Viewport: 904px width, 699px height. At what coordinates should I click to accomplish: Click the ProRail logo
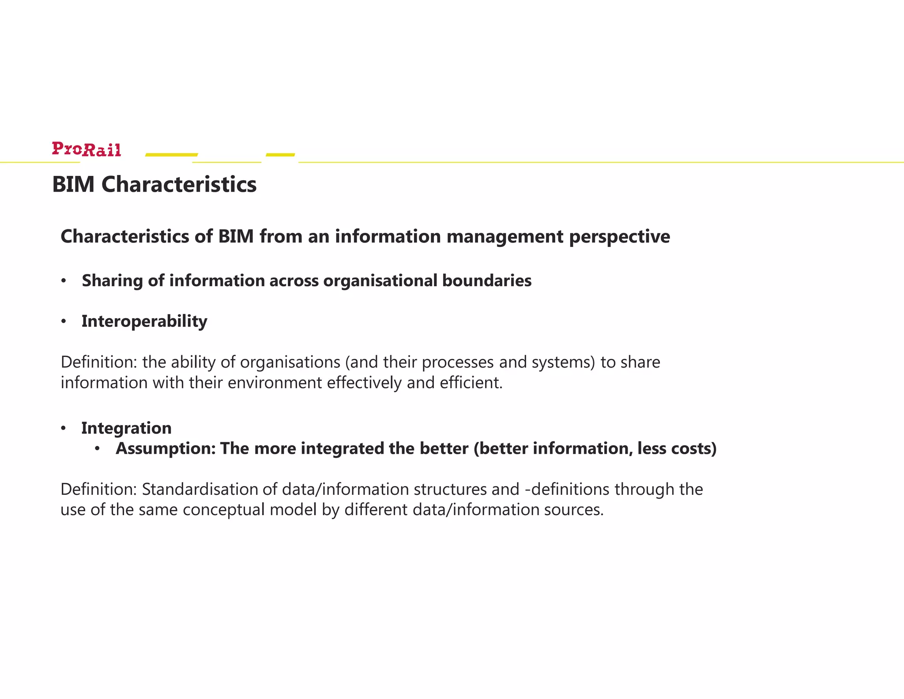87,149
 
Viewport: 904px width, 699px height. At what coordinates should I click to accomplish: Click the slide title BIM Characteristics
154,184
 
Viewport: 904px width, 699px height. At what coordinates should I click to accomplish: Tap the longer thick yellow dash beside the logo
171,155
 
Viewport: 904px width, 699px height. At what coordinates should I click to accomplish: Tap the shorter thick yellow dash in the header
280,155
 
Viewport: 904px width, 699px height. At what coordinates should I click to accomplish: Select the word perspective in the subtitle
619,237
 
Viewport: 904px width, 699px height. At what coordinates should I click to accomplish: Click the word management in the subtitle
505,237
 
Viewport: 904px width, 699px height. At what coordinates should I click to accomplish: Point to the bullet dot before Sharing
64,281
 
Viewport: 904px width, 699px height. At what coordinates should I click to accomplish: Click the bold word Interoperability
144,321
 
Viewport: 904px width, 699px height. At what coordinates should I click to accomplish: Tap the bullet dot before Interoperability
64,322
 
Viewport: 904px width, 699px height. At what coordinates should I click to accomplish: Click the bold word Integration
126,428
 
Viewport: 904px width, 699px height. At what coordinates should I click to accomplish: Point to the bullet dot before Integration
64,428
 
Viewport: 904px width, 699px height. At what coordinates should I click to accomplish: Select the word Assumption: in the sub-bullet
166,448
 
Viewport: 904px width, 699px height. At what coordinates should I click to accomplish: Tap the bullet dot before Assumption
98,449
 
